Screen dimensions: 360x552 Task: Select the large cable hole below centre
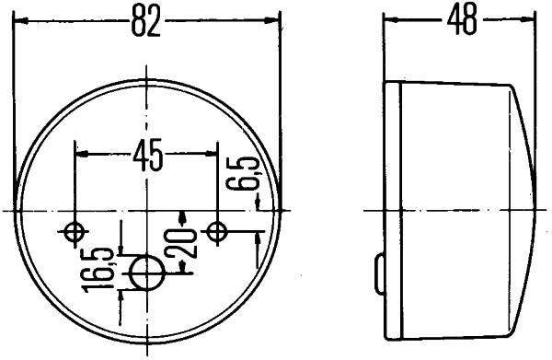(x=147, y=272)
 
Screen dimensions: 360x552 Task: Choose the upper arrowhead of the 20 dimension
(x=184, y=216)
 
